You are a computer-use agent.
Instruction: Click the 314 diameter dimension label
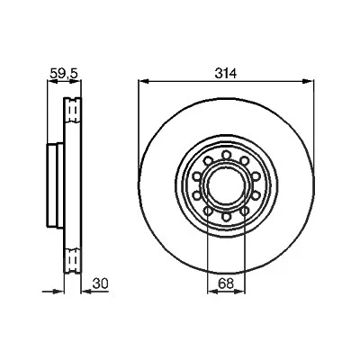[226, 73]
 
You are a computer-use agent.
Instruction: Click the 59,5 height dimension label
[64, 74]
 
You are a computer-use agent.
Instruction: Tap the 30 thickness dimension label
[100, 283]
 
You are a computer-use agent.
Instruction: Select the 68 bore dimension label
[226, 283]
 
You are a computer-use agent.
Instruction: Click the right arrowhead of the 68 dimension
[240, 291]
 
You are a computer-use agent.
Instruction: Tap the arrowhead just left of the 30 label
[87, 291]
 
